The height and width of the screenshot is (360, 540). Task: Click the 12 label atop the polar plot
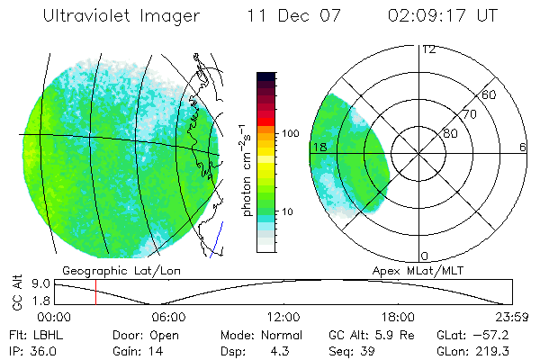[x=428, y=49]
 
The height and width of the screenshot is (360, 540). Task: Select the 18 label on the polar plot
[x=319, y=147]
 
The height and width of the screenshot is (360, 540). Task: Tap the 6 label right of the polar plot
[x=523, y=147]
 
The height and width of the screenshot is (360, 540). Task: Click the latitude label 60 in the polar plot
[x=490, y=94]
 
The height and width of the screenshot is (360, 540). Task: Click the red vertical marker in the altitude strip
[x=95, y=292]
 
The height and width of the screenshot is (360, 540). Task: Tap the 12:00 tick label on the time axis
[x=283, y=316]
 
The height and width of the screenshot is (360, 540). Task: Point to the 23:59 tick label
[x=512, y=316]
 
